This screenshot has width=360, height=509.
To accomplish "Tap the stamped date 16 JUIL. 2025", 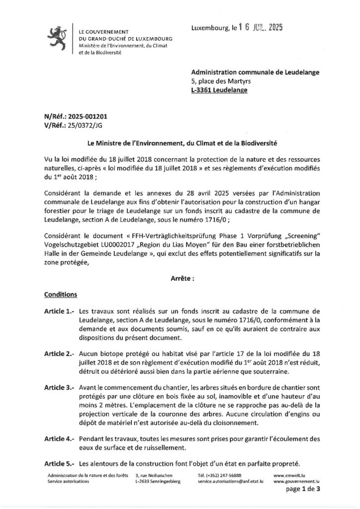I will [x=260, y=28].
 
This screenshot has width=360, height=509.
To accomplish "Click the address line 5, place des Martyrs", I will [x=221, y=81].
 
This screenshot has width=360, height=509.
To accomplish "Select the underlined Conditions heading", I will [x=61, y=294].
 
